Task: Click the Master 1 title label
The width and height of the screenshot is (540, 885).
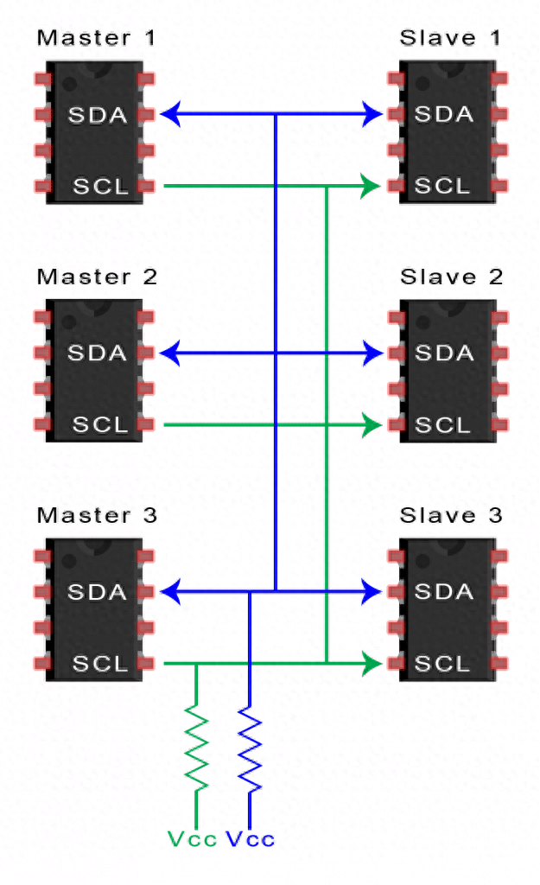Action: pyautogui.click(x=97, y=38)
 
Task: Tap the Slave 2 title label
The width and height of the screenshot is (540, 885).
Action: pyautogui.click(x=450, y=277)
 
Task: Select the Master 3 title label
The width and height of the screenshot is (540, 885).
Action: pyautogui.click(x=97, y=516)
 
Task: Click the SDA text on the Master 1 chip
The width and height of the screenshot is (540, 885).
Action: pyautogui.click(x=97, y=114)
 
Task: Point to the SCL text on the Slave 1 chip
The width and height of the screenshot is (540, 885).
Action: pyautogui.click(x=443, y=186)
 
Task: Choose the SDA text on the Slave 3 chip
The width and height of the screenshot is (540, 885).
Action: pyautogui.click(x=444, y=592)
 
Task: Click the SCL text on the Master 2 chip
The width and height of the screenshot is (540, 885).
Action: pyautogui.click(x=100, y=425)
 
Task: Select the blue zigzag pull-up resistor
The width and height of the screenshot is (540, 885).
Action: pyautogui.click(x=250, y=749)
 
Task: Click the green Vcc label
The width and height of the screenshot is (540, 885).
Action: pyautogui.click(x=191, y=839)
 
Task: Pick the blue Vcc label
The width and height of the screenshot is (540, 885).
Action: pyautogui.click(x=251, y=839)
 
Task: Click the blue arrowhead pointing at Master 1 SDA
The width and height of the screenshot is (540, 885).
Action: pyautogui.click(x=171, y=113)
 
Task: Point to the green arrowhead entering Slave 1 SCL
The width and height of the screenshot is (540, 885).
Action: pyautogui.click(x=372, y=186)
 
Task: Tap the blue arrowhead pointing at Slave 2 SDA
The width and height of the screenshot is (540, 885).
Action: pyautogui.click(x=373, y=353)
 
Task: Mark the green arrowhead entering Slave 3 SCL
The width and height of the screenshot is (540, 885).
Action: pyautogui.click(x=372, y=664)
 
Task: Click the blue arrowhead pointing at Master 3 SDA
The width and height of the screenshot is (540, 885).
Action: pyautogui.click(x=171, y=592)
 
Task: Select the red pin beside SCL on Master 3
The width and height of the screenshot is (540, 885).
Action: pyautogui.click(x=146, y=664)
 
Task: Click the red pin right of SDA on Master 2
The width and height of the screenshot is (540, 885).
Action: pyautogui.click(x=146, y=353)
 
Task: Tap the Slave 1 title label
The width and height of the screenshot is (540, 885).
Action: pyautogui.click(x=450, y=38)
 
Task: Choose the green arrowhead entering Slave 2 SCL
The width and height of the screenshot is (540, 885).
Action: pyautogui.click(x=372, y=425)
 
